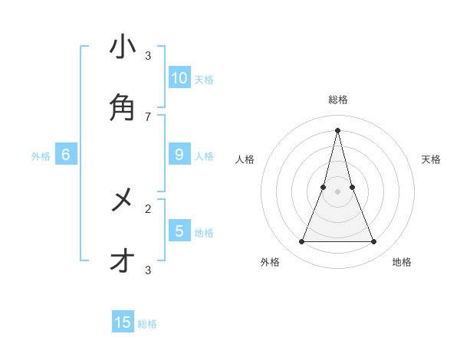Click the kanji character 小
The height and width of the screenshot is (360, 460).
point(123,47)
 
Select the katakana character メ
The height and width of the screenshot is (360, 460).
point(123,201)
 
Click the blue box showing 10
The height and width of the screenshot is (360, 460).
point(179,77)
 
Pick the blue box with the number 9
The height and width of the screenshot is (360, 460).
point(179,155)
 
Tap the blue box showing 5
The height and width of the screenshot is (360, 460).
point(179,231)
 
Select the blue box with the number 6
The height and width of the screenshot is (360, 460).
point(66,155)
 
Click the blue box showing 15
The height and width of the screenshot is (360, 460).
point(123,322)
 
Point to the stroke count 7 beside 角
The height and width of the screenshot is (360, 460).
point(148,116)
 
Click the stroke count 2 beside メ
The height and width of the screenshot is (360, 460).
point(148,208)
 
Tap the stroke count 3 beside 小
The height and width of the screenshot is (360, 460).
point(148,56)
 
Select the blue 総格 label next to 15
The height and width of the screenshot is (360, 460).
point(147,324)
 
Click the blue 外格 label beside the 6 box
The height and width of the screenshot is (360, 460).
point(41,156)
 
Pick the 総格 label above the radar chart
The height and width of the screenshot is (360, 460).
point(338,100)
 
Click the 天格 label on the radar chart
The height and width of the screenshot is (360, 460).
point(431,159)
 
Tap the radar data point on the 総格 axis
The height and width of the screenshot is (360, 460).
point(338,129)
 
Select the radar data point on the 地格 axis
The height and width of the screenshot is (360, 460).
point(374,242)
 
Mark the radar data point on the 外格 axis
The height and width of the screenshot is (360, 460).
point(301,242)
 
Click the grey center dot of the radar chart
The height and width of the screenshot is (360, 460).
point(338,191)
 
